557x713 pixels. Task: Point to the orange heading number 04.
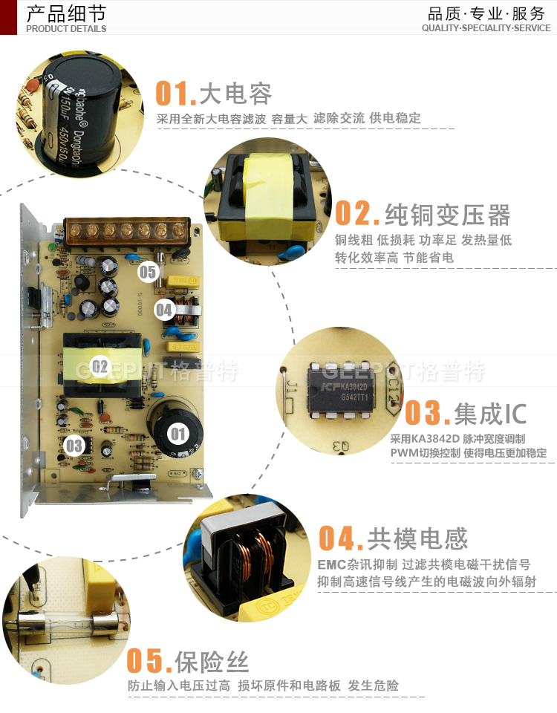(340, 538)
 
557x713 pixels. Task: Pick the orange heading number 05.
(149, 660)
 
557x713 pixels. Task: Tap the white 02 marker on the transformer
(100, 365)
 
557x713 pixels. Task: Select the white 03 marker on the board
(74, 446)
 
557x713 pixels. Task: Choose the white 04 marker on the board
(164, 309)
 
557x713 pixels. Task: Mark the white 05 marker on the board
(149, 272)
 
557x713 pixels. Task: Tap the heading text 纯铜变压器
(447, 215)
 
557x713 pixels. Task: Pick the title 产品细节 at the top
(65, 13)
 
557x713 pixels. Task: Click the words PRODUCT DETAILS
(66, 29)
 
